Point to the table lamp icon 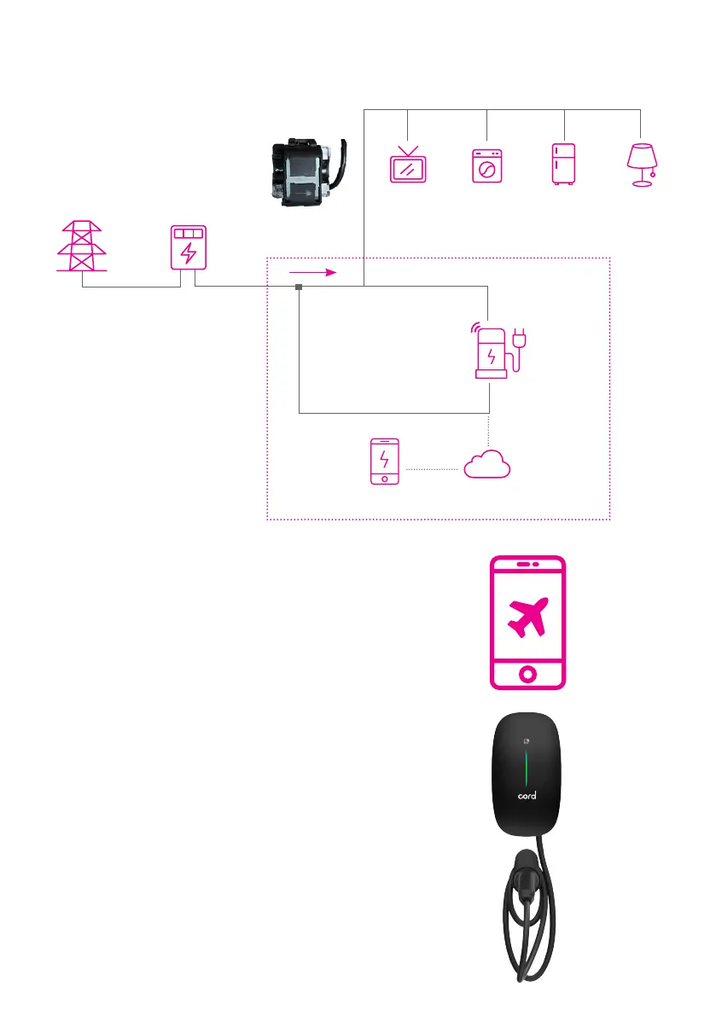[642, 163]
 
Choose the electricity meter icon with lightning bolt [189, 248]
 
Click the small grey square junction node [299, 287]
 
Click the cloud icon [487, 465]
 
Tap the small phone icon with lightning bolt [385, 462]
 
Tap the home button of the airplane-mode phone [527, 673]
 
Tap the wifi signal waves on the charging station [474, 328]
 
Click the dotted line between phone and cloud [433, 468]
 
